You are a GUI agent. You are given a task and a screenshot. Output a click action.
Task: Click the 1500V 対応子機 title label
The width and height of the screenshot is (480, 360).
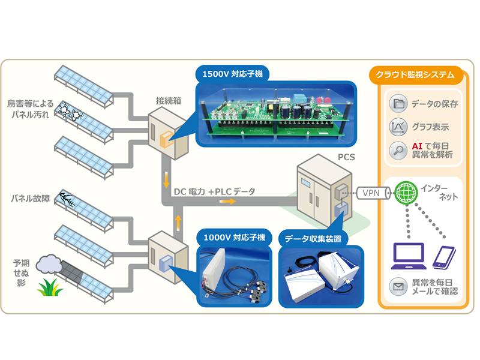pos(233,74)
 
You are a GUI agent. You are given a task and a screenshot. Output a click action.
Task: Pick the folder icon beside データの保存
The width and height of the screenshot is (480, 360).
pos(397,103)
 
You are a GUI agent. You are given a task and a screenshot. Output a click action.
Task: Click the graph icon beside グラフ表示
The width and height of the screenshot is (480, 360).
pos(397,127)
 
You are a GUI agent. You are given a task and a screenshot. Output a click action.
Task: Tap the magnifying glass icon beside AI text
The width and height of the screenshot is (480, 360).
pos(397,150)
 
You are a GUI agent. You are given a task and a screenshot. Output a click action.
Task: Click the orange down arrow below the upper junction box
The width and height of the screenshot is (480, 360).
pos(164,179)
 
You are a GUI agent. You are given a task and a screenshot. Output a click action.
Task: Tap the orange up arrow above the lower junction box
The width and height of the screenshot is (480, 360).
pos(178,224)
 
